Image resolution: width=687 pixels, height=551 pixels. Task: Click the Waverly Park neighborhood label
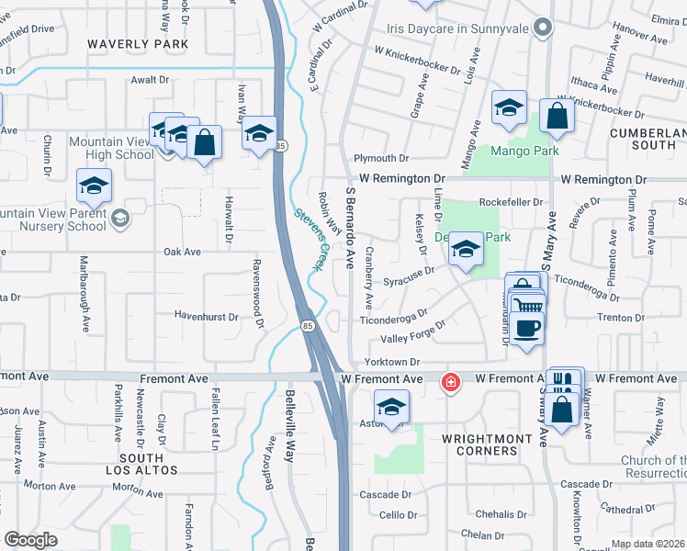click(138, 44)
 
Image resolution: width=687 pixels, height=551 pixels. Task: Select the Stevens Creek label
click(310, 240)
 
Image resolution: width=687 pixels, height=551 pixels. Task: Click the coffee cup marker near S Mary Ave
click(526, 329)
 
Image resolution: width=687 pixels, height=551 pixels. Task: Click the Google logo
click(30, 540)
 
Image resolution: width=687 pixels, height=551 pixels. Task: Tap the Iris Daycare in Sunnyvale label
click(458, 28)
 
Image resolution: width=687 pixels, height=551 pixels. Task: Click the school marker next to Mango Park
click(508, 108)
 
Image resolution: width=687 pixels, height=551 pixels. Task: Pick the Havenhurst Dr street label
click(208, 316)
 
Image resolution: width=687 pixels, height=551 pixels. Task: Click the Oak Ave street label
click(182, 252)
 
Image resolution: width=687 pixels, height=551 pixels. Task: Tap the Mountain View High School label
click(111, 149)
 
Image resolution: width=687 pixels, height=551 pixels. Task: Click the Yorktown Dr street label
click(391, 363)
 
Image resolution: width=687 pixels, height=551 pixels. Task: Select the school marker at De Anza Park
click(466, 251)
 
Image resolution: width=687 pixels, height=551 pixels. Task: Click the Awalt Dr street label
click(151, 81)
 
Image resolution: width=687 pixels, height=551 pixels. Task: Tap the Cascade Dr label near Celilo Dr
click(379, 495)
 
